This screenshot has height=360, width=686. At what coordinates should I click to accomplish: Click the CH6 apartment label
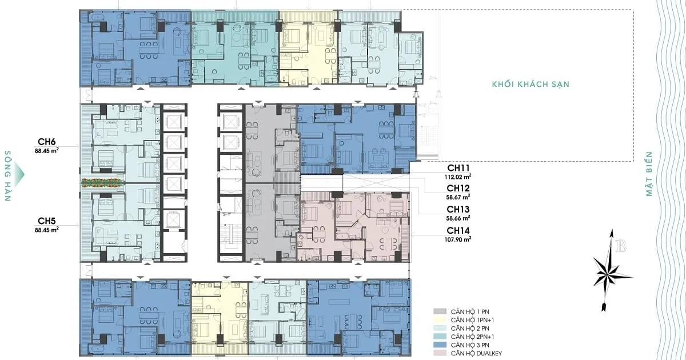coord(46,142)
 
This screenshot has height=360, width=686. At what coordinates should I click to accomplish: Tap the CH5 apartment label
coord(46,221)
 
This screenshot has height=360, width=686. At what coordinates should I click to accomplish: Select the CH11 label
coord(458,168)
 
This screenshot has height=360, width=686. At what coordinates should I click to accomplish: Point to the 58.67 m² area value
coord(458,197)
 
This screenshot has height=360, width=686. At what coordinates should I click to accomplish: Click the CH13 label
coord(458,209)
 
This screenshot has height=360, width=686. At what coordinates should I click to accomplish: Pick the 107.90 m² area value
coord(458,239)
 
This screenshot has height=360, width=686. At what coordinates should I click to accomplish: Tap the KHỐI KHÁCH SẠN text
coord(531,84)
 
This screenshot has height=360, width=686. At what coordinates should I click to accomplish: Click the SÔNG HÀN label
coord(8,176)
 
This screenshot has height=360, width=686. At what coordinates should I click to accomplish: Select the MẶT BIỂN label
coord(649,174)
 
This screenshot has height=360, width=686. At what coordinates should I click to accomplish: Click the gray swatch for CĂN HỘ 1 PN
coord(440,311)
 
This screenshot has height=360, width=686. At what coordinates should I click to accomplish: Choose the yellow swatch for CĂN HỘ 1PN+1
coord(440,320)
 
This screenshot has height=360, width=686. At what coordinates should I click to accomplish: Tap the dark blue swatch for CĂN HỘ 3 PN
coord(440,345)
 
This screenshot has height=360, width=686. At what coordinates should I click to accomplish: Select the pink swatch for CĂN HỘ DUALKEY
coord(440,353)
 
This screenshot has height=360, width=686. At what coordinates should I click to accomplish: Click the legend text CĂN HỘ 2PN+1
coord(472,337)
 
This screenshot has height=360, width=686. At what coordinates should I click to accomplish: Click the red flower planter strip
coord(102,182)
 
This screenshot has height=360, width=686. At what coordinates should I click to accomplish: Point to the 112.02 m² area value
coord(458,177)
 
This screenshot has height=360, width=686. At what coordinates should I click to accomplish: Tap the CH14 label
coord(458,230)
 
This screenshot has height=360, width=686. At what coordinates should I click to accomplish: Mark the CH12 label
coord(458,188)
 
